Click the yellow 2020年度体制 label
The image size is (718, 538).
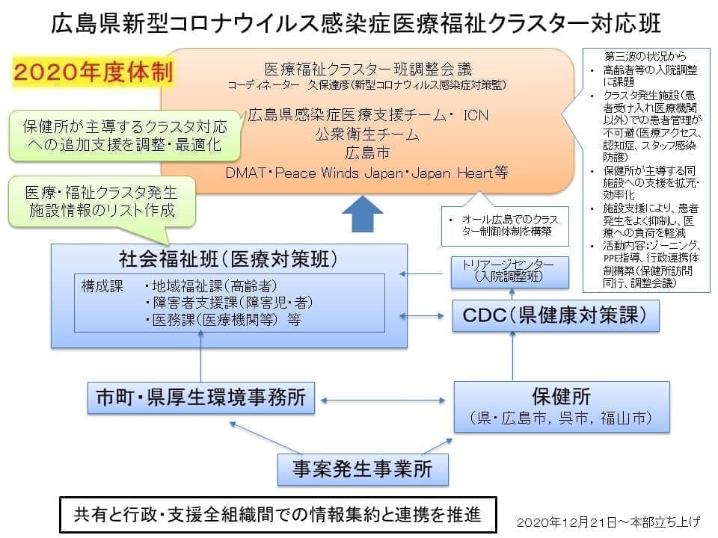click(x=93, y=72)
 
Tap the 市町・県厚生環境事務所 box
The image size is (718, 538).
click(x=201, y=398)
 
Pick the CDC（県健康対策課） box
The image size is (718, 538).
click(x=557, y=316)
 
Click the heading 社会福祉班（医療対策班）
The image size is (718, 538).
click(x=229, y=259)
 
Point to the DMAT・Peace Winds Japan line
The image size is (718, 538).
click(x=366, y=173)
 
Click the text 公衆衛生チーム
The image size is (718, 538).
click(x=366, y=135)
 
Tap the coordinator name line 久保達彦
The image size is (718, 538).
click(x=366, y=85)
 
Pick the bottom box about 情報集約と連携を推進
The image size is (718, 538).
click(x=277, y=515)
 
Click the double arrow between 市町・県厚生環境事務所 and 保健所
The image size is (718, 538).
click(x=384, y=401)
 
